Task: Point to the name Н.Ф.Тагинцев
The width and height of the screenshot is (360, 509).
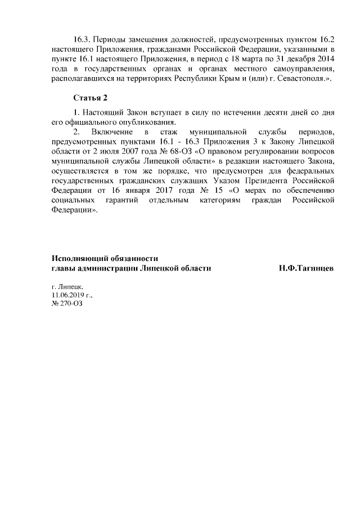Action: pyautogui.click(x=306, y=268)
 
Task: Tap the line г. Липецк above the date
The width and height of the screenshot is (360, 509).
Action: pyautogui.click(x=66, y=286)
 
